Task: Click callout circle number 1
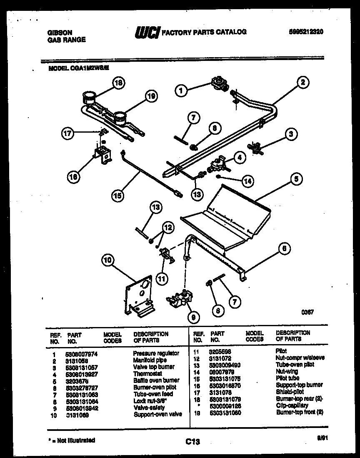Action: pos(180,89)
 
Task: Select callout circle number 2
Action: pos(302,82)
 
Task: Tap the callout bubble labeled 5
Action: pos(295,180)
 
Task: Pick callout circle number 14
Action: pos(247,181)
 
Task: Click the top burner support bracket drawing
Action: pos(102,154)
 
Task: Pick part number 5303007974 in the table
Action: pos(81,353)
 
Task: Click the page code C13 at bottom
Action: pos(192,441)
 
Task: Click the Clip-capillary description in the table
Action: pos(292,405)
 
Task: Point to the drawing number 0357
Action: pos(307,312)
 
